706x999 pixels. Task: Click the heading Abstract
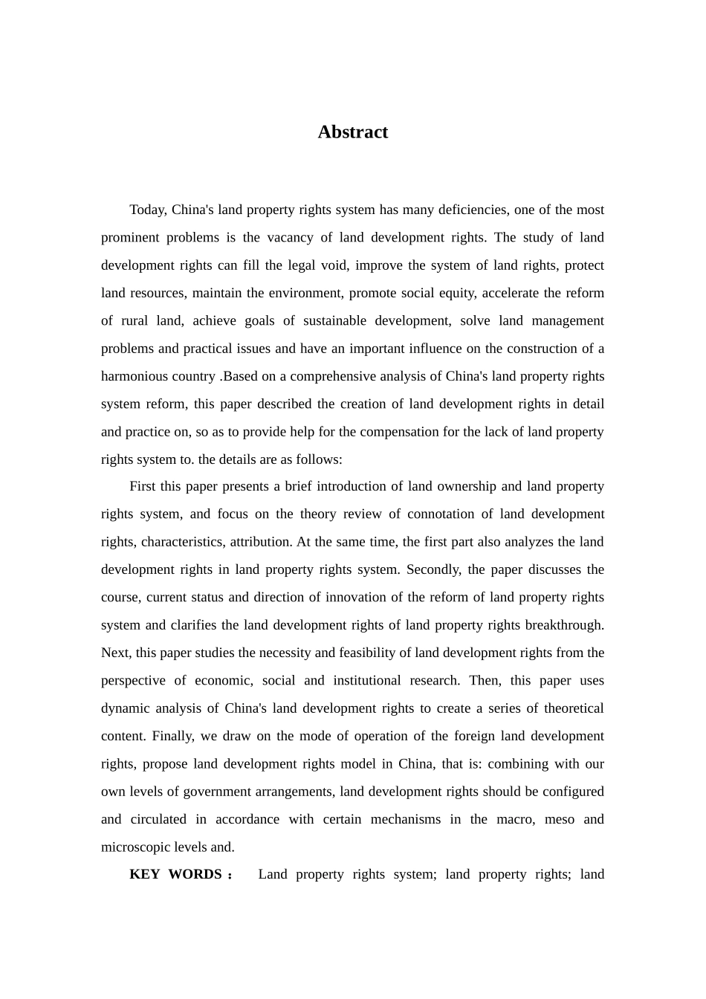(x=353, y=132)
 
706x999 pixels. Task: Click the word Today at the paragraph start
(x=148, y=210)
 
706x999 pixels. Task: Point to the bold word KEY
(x=145, y=875)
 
